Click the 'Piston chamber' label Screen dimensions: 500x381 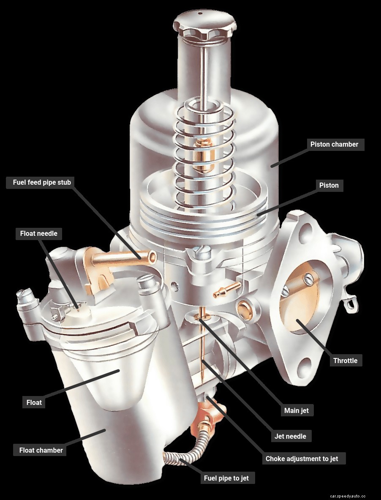[334, 144]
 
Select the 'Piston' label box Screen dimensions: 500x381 [329, 185]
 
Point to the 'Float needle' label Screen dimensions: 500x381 [38, 233]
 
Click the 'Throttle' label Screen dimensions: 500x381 [345, 361]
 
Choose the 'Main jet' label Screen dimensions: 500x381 [296, 410]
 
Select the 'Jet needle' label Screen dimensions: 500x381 [290, 436]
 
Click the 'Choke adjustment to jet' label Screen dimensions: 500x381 [302, 459]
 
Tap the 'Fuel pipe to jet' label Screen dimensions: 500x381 [226, 478]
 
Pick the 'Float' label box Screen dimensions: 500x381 [34, 402]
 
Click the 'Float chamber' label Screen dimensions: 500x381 [41, 450]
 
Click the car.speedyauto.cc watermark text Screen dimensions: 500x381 [348, 496]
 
